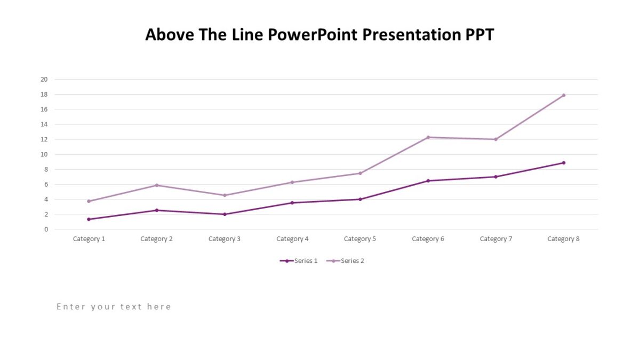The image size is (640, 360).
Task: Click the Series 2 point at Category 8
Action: (x=563, y=95)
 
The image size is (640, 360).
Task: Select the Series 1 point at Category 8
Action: (x=563, y=163)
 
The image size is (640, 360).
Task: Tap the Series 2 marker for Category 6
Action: (x=428, y=137)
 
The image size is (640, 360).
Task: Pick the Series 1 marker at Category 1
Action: (x=89, y=219)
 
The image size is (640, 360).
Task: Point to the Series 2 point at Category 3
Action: (x=225, y=195)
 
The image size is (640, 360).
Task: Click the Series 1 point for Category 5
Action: (x=360, y=199)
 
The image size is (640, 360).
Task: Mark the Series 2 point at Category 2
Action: (x=157, y=185)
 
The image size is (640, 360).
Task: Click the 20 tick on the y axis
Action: (x=44, y=79)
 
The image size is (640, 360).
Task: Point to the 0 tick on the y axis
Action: (x=46, y=229)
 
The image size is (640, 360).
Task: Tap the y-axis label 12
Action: (x=44, y=139)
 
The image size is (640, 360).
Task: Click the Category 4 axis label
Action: (x=292, y=239)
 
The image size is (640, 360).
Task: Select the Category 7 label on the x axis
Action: (x=495, y=239)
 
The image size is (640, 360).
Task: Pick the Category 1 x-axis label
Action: (x=89, y=239)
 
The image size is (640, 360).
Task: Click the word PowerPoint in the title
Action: (x=312, y=35)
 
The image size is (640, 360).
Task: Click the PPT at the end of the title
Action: (x=479, y=35)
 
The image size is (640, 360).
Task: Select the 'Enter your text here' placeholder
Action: (x=114, y=307)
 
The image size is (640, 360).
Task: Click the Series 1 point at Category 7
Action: (x=495, y=177)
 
